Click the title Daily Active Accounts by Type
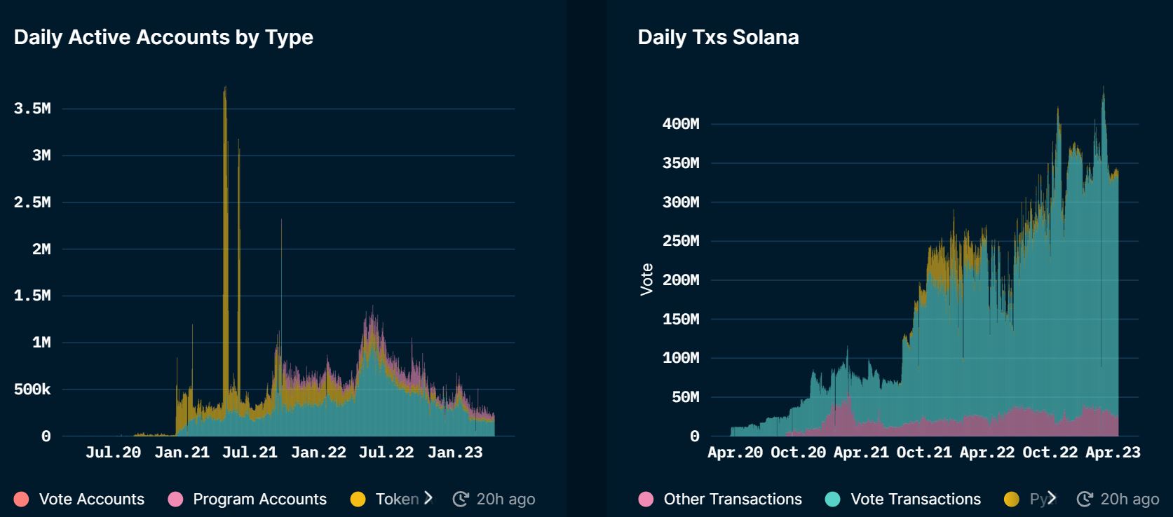[x=163, y=37]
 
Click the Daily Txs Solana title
[x=718, y=37]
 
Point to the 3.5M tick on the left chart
[x=32, y=109]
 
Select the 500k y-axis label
[x=32, y=390]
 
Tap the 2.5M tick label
[x=32, y=202]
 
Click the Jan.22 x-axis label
[x=318, y=453]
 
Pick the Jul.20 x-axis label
[x=113, y=453]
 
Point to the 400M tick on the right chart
[x=680, y=124]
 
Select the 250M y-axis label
[x=680, y=241]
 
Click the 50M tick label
[x=685, y=397]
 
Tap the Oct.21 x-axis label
[x=924, y=453]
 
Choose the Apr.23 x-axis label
[x=1113, y=453]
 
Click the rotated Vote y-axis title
[x=646, y=280]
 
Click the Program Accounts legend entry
[x=248, y=499]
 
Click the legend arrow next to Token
[x=428, y=498]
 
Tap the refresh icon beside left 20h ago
[x=461, y=499]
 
